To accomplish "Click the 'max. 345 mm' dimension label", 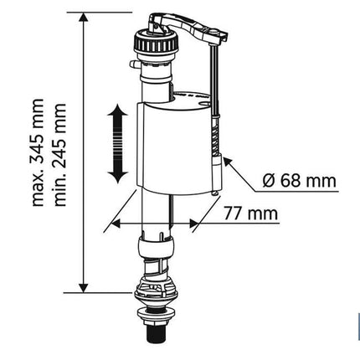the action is click(x=38, y=152).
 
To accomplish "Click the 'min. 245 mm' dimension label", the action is click(x=60, y=155).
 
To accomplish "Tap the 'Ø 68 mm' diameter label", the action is click(x=299, y=181).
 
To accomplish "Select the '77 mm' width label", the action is click(x=251, y=213).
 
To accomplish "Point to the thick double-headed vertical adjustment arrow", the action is click(x=118, y=144).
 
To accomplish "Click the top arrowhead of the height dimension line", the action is click(x=83, y=17).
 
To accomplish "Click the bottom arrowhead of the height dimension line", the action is click(x=83, y=288).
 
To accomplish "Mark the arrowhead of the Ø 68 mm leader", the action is click(x=228, y=162).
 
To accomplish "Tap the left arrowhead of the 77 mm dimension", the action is click(x=116, y=224).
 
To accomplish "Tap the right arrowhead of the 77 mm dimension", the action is click(x=194, y=224).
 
